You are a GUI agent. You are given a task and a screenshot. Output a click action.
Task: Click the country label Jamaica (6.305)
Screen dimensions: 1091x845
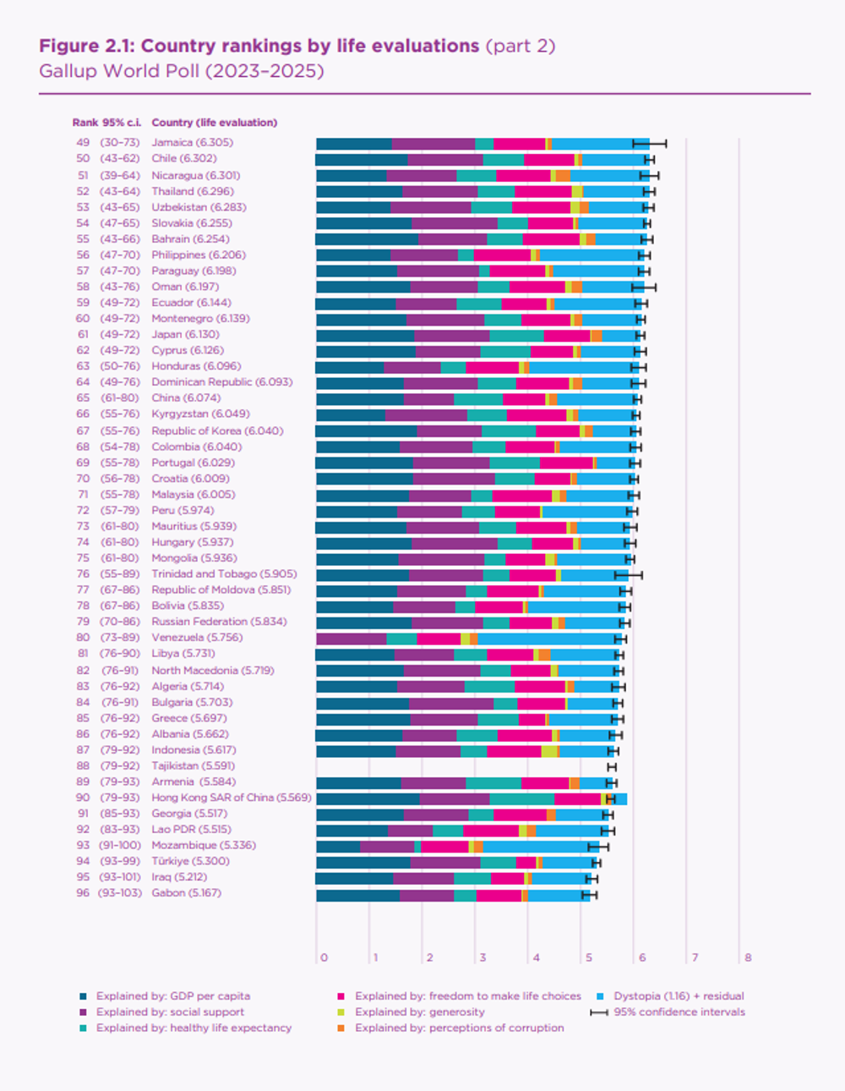coord(192,143)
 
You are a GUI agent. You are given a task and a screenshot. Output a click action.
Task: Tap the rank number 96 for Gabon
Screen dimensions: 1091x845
coord(83,893)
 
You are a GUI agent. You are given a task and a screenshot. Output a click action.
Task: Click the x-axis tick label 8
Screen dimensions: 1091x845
coord(748,958)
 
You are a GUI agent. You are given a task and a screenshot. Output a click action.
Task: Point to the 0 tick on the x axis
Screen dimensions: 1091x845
coord(324,958)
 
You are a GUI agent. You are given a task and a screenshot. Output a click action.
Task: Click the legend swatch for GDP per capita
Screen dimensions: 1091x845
coord(83,997)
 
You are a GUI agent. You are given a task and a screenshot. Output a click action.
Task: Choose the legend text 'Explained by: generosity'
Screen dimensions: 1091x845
coord(420,1012)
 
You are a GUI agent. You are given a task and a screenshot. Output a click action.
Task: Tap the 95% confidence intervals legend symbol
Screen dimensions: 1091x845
coord(599,1012)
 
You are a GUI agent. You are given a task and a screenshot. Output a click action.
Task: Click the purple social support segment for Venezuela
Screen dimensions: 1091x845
coord(351,639)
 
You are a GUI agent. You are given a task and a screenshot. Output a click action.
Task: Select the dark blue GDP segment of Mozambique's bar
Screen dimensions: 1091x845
coord(338,846)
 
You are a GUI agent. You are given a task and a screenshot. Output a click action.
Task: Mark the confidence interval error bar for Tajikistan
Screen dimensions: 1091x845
coord(612,766)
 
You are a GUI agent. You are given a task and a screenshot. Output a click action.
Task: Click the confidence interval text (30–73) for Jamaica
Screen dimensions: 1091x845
coord(119,143)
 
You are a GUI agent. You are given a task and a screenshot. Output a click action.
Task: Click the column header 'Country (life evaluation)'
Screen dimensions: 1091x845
coord(214,123)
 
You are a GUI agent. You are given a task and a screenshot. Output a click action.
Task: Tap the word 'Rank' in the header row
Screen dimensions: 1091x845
coord(84,123)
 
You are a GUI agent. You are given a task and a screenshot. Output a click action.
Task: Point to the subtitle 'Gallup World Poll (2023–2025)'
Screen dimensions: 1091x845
coord(181,71)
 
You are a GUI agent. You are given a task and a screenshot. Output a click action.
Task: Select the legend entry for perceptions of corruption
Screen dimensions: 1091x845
coord(459,1028)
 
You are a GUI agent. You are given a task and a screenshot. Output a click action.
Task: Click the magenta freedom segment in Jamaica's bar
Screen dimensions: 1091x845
coord(519,144)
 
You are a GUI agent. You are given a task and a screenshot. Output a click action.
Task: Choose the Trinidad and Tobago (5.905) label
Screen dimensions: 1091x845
coord(224,574)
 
